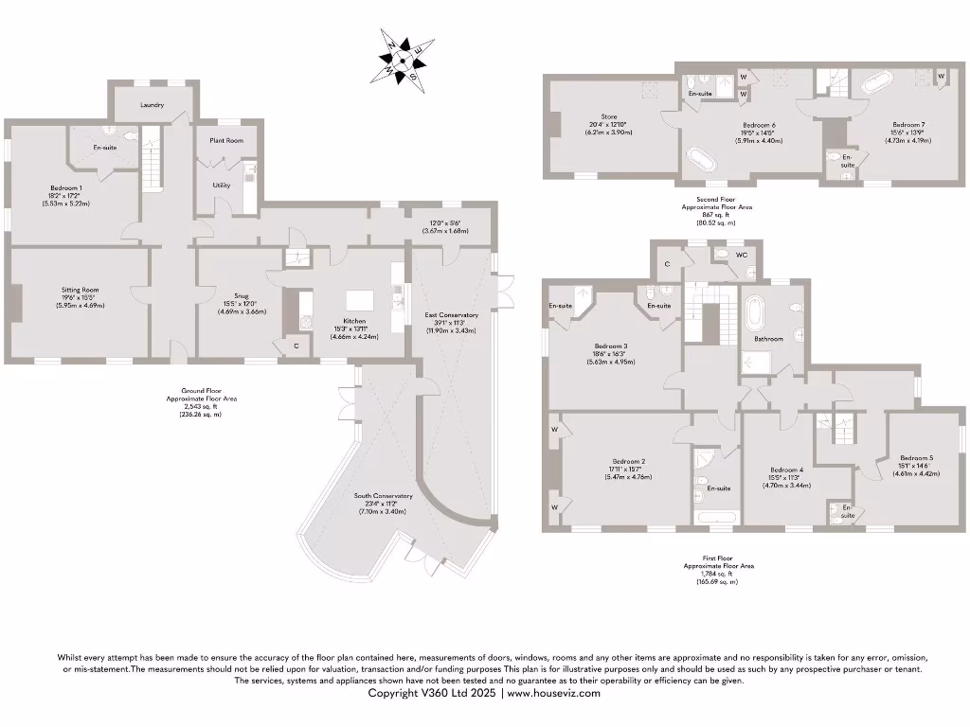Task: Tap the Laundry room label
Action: (x=153, y=105)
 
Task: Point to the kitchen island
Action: (x=360, y=300)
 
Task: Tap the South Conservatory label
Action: (x=382, y=496)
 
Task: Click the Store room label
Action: (x=607, y=116)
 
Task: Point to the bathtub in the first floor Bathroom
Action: (x=755, y=311)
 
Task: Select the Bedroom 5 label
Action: (x=916, y=457)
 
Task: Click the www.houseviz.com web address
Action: (x=554, y=693)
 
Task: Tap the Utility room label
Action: (x=222, y=186)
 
